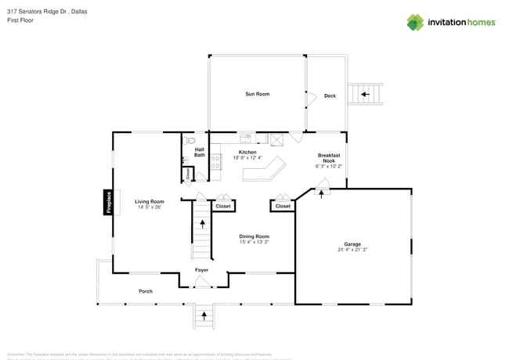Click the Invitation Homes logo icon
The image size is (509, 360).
(415, 22)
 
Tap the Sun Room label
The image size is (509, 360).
(257, 94)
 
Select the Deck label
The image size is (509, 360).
(330, 95)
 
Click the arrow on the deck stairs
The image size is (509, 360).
(364, 95)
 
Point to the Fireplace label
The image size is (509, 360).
(109, 202)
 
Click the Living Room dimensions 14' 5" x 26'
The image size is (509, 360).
(149, 207)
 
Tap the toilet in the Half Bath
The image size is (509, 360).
(189, 142)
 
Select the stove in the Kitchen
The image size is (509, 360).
(215, 164)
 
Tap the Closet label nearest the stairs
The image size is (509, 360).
(223, 207)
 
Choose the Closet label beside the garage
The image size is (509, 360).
(283, 207)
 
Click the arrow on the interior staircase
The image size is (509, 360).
(202, 225)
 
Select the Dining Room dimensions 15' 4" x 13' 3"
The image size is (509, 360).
(254, 242)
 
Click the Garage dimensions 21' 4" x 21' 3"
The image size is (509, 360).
(352, 250)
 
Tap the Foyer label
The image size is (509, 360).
(201, 271)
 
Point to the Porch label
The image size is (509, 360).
(146, 291)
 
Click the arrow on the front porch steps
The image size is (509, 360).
(205, 315)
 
